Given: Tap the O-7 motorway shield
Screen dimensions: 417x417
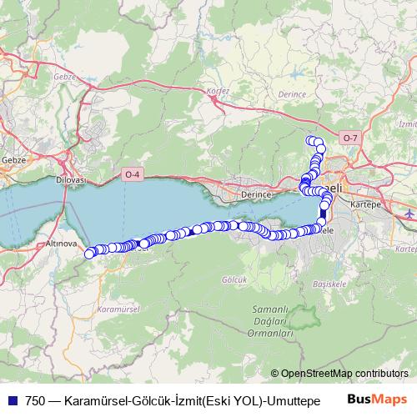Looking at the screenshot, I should (x=350, y=137).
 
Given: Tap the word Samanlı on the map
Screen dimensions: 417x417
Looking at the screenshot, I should (x=269, y=310).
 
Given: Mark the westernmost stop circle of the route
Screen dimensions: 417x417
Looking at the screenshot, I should (x=90, y=254).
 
